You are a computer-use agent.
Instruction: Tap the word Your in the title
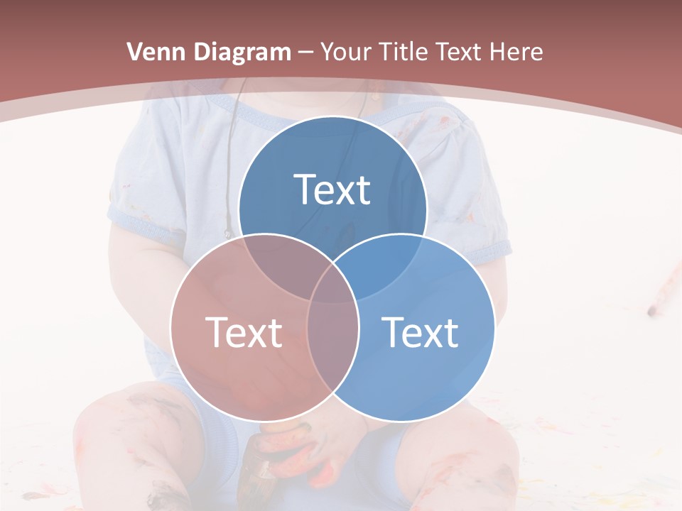click(348, 52)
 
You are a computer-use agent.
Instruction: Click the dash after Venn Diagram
click(305, 53)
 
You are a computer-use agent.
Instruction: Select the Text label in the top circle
click(332, 189)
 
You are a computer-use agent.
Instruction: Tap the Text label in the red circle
click(244, 332)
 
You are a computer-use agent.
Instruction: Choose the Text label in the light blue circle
click(420, 332)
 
